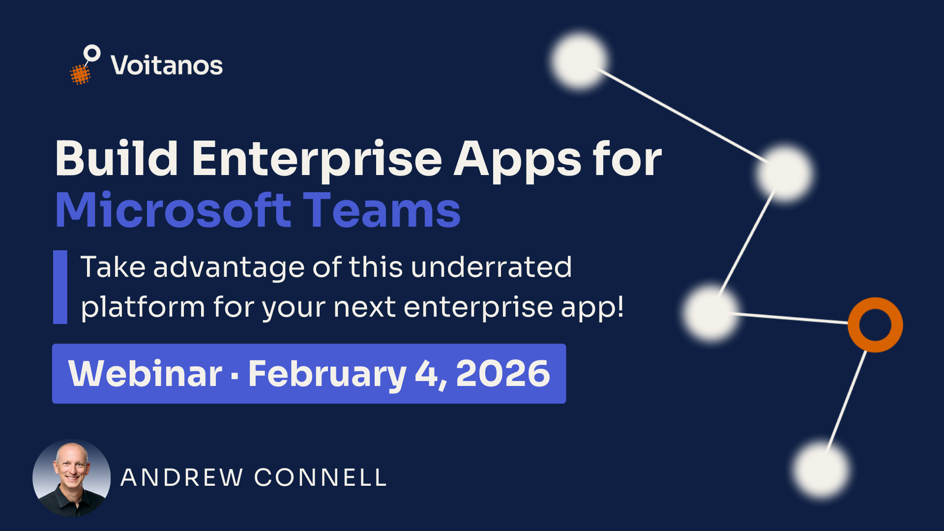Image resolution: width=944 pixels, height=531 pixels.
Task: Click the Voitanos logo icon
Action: tap(85, 65)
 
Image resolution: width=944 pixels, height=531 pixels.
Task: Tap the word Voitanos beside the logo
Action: tap(167, 65)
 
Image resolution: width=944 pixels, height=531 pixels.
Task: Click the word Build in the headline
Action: tap(117, 159)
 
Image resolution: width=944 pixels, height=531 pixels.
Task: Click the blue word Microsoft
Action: tap(174, 210)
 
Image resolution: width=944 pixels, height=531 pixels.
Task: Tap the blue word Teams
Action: tap(382, 210)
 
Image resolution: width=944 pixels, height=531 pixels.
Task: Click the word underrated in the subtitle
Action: tap(491, 267)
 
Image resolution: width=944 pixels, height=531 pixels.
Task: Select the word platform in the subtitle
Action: tap(143, 308)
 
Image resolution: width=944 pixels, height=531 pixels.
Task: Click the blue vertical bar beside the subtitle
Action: tap(60, 287)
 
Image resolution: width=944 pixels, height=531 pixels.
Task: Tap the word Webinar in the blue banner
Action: tap(145, 374)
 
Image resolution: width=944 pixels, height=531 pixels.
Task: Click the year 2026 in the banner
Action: tap(502, 374)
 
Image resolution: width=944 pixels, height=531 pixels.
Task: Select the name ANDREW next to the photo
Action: tap(182, 478)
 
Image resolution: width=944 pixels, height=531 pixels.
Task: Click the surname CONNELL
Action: tap(321, 478)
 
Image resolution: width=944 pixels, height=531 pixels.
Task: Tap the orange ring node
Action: tap(875, 325)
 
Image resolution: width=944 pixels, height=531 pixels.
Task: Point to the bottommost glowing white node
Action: tap(821, 470)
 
